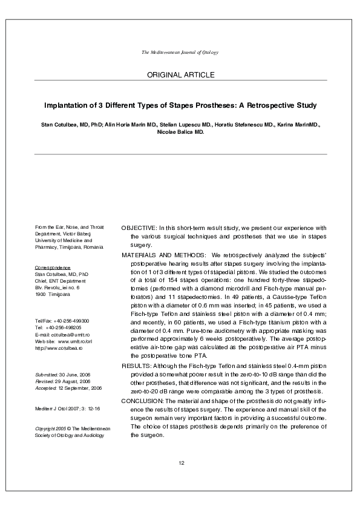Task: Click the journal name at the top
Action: [180, 53]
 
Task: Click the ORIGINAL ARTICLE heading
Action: [180, 74]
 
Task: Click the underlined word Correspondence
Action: [53, 267]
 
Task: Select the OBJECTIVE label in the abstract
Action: [139, 228]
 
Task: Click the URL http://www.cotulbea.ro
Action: [59, 348]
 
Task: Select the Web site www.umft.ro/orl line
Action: [64, 341]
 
